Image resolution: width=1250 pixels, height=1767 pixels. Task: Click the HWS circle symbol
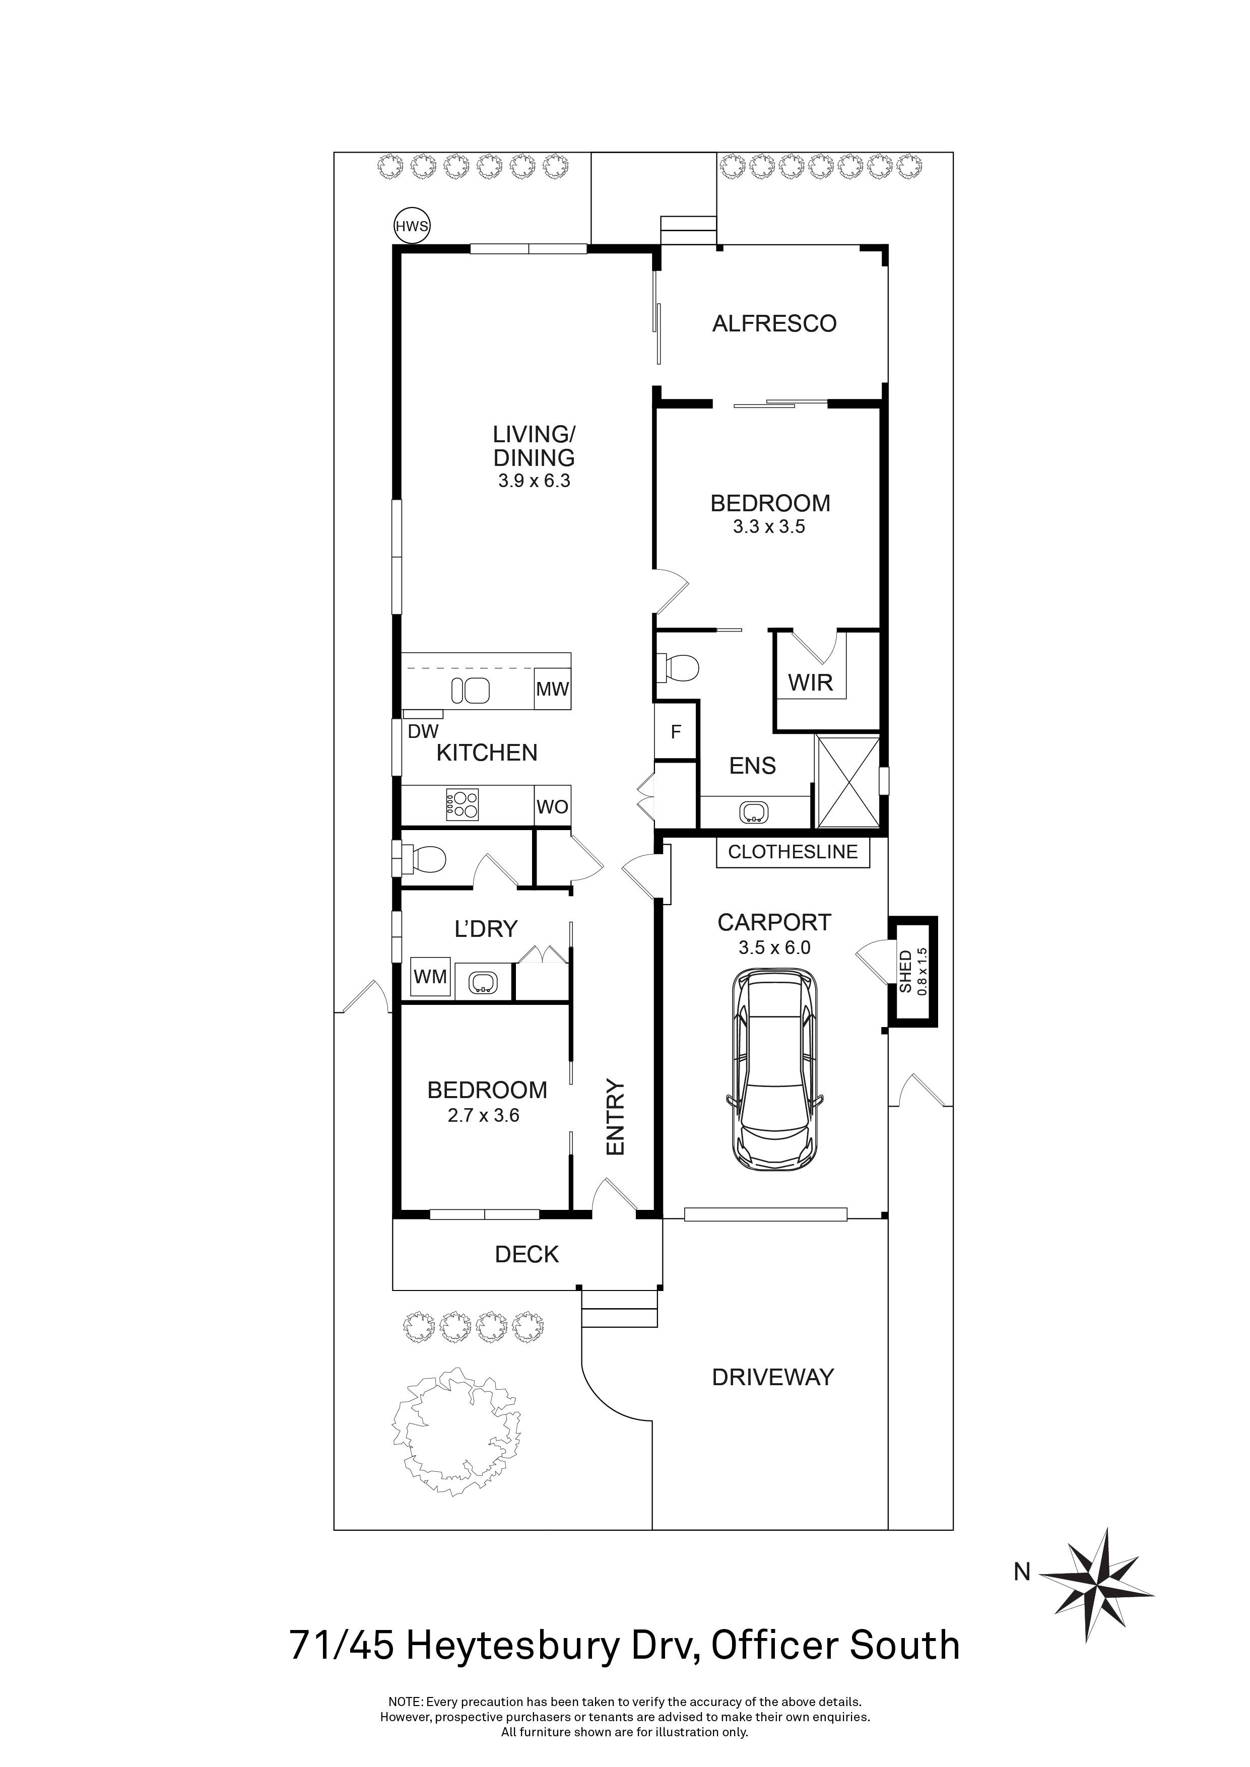point(412,226)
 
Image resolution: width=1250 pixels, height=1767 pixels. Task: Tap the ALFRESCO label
point(773,324)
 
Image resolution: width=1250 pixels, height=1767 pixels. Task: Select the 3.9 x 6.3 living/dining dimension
point(534,482)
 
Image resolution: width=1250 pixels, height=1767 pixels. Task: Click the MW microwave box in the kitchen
point(552,689)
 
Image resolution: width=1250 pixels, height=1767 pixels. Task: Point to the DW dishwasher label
point(423,732)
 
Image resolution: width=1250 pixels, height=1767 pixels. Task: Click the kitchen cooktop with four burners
point(462,805)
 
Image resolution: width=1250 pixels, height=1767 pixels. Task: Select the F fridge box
point(676,732)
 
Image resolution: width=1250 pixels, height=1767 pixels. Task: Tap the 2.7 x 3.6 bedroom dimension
point(483,1115)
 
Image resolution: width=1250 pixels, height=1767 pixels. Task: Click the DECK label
point(527,1255)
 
